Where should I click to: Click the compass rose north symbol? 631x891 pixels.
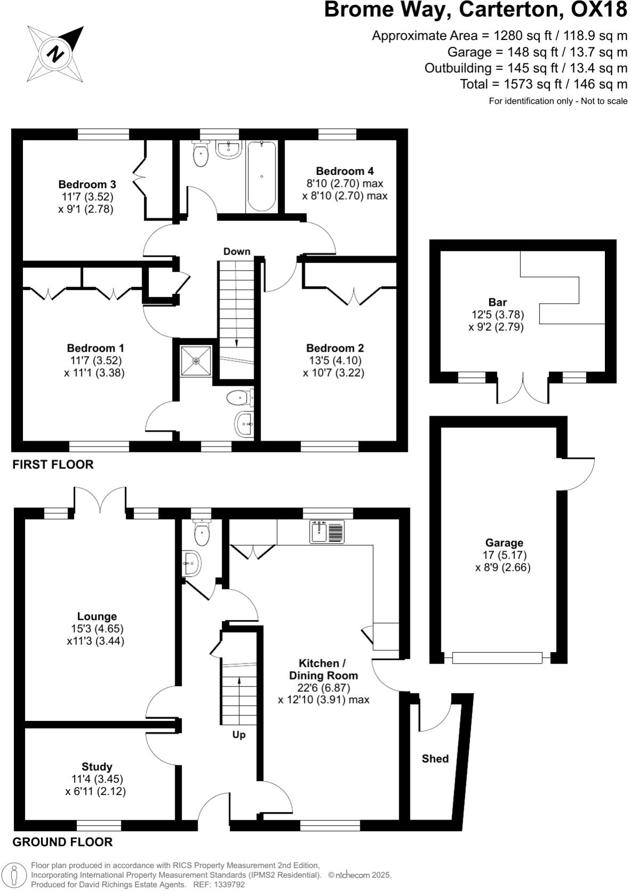point(55,54)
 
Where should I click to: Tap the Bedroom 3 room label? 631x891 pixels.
point(87,184)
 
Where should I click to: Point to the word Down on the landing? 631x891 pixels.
point(237,251)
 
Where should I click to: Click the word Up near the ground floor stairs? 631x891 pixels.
point(239,735)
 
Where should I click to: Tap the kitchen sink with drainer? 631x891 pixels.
point(328,532)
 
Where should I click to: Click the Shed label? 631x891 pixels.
point(435,758)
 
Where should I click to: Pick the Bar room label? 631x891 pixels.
point(497,302)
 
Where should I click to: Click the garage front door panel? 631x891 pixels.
point(497,658)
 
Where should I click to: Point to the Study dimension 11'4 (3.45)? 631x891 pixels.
point(96,779)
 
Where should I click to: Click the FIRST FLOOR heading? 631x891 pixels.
point(53,464)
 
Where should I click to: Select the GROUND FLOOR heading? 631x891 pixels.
point(62,842)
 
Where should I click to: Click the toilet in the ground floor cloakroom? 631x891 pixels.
point(201,530)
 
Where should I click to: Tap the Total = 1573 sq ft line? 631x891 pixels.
point(544,84)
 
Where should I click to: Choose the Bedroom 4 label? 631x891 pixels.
point(344,171)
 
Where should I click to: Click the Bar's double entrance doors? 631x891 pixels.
point(522,389)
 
